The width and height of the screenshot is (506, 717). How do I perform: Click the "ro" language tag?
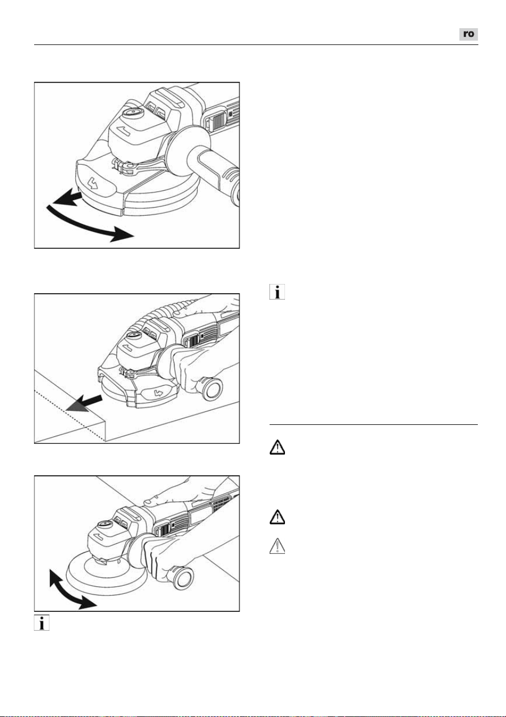tap(468, 34)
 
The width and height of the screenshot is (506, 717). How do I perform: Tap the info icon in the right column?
tap(277, 292)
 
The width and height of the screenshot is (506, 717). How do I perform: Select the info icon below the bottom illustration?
tap(42, 623)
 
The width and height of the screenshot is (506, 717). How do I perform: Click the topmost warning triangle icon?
tap(277, 447)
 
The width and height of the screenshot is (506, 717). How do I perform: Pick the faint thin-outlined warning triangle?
tap(277, 546)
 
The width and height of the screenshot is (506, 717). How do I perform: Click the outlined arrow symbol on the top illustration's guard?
tap(94, 183)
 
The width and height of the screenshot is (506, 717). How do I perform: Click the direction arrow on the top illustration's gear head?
tap(122, 131)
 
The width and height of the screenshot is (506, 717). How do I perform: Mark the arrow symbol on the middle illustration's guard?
tap(159, 393)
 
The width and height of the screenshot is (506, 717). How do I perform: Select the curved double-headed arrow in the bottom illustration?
tap(68, 590)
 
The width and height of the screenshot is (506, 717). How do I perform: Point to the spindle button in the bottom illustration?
tap(103, 524)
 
